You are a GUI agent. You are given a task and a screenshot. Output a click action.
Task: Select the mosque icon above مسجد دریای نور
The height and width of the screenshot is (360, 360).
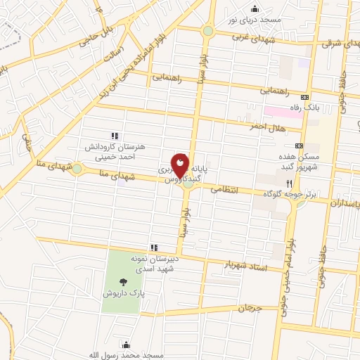pos(255,8)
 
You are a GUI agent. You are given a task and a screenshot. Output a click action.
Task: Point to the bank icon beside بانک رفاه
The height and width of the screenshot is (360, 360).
pos(304,97)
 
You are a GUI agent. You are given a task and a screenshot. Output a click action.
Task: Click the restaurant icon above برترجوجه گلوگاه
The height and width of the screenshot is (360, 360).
pos(299,181)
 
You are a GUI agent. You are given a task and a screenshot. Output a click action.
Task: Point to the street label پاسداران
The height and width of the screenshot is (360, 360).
pos(345,202)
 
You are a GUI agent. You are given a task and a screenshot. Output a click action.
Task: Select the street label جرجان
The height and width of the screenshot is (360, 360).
pos(249,308)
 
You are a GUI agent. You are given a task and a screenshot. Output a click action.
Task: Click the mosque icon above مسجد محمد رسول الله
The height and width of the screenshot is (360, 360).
pos(126,345)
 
